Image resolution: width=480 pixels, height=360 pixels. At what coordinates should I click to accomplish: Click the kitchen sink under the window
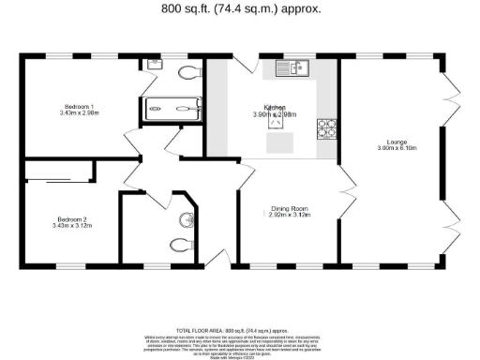pyautogui.click(x=294, y=68)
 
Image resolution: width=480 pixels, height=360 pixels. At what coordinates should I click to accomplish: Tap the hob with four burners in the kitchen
pyautogui.click(x=328, y=128)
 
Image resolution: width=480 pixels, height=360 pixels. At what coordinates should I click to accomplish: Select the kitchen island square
pyautogui.click(x=280, y=142)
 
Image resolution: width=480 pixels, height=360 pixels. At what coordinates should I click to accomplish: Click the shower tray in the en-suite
pyautogui.click(x=172, y=109)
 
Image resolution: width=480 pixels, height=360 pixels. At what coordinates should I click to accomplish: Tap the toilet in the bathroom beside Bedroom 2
pyautogui.click(x=178, y=246)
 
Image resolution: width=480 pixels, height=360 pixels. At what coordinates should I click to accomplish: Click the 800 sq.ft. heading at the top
pyautogui.click(x=240, y=8)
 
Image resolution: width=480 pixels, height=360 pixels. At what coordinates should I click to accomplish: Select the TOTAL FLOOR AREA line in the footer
pyautogui.click(x=239, y=331)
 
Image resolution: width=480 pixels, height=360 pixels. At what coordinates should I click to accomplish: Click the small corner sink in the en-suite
pyautogui.click(x=154, y=65)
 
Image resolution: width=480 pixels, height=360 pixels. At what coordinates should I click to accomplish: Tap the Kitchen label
pyautogui.click(x=275, y=107)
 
